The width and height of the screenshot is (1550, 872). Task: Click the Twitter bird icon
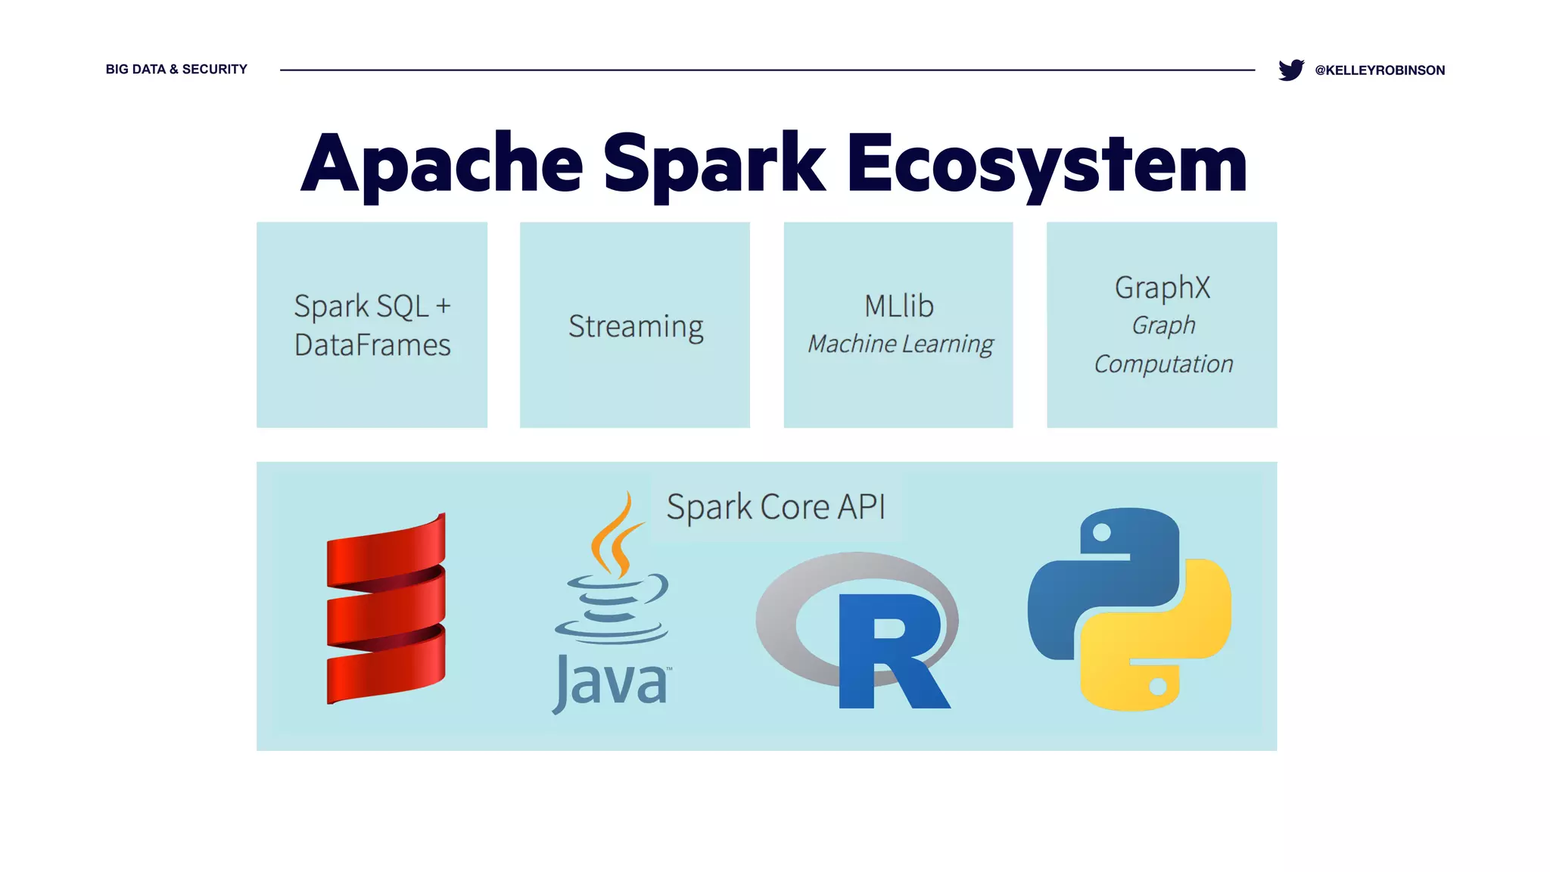point(1290,70)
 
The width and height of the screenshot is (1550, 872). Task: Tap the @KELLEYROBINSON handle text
point(1380,70)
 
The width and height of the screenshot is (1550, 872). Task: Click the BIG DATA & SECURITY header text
point(176,69)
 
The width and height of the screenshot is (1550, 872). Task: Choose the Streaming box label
point(636,326)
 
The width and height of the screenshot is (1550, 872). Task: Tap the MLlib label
point(899,306)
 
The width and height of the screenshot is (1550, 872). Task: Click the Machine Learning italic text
point(900,344)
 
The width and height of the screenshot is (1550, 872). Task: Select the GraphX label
point(1162,288)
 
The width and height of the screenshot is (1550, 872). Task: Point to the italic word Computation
point(1163,364)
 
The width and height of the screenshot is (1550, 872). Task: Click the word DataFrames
point(372,345)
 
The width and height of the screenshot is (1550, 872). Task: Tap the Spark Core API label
point(776,506)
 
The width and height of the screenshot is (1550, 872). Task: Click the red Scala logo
point(386,609)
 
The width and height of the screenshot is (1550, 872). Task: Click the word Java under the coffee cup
point(612,683)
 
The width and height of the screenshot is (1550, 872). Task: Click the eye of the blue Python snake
point(1102,532)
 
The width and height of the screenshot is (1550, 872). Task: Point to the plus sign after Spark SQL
point(444,306)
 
